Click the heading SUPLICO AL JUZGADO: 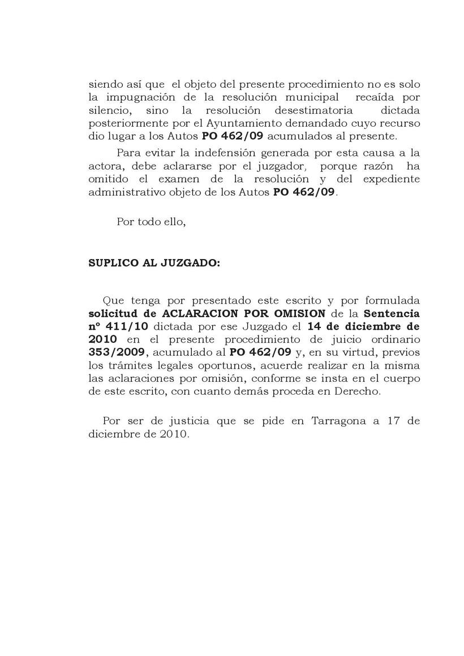(154, 264)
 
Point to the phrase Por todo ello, (151, 222)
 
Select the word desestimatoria (313, 110)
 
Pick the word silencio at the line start (109, 110)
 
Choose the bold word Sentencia (392, 314)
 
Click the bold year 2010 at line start (103, 340)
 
